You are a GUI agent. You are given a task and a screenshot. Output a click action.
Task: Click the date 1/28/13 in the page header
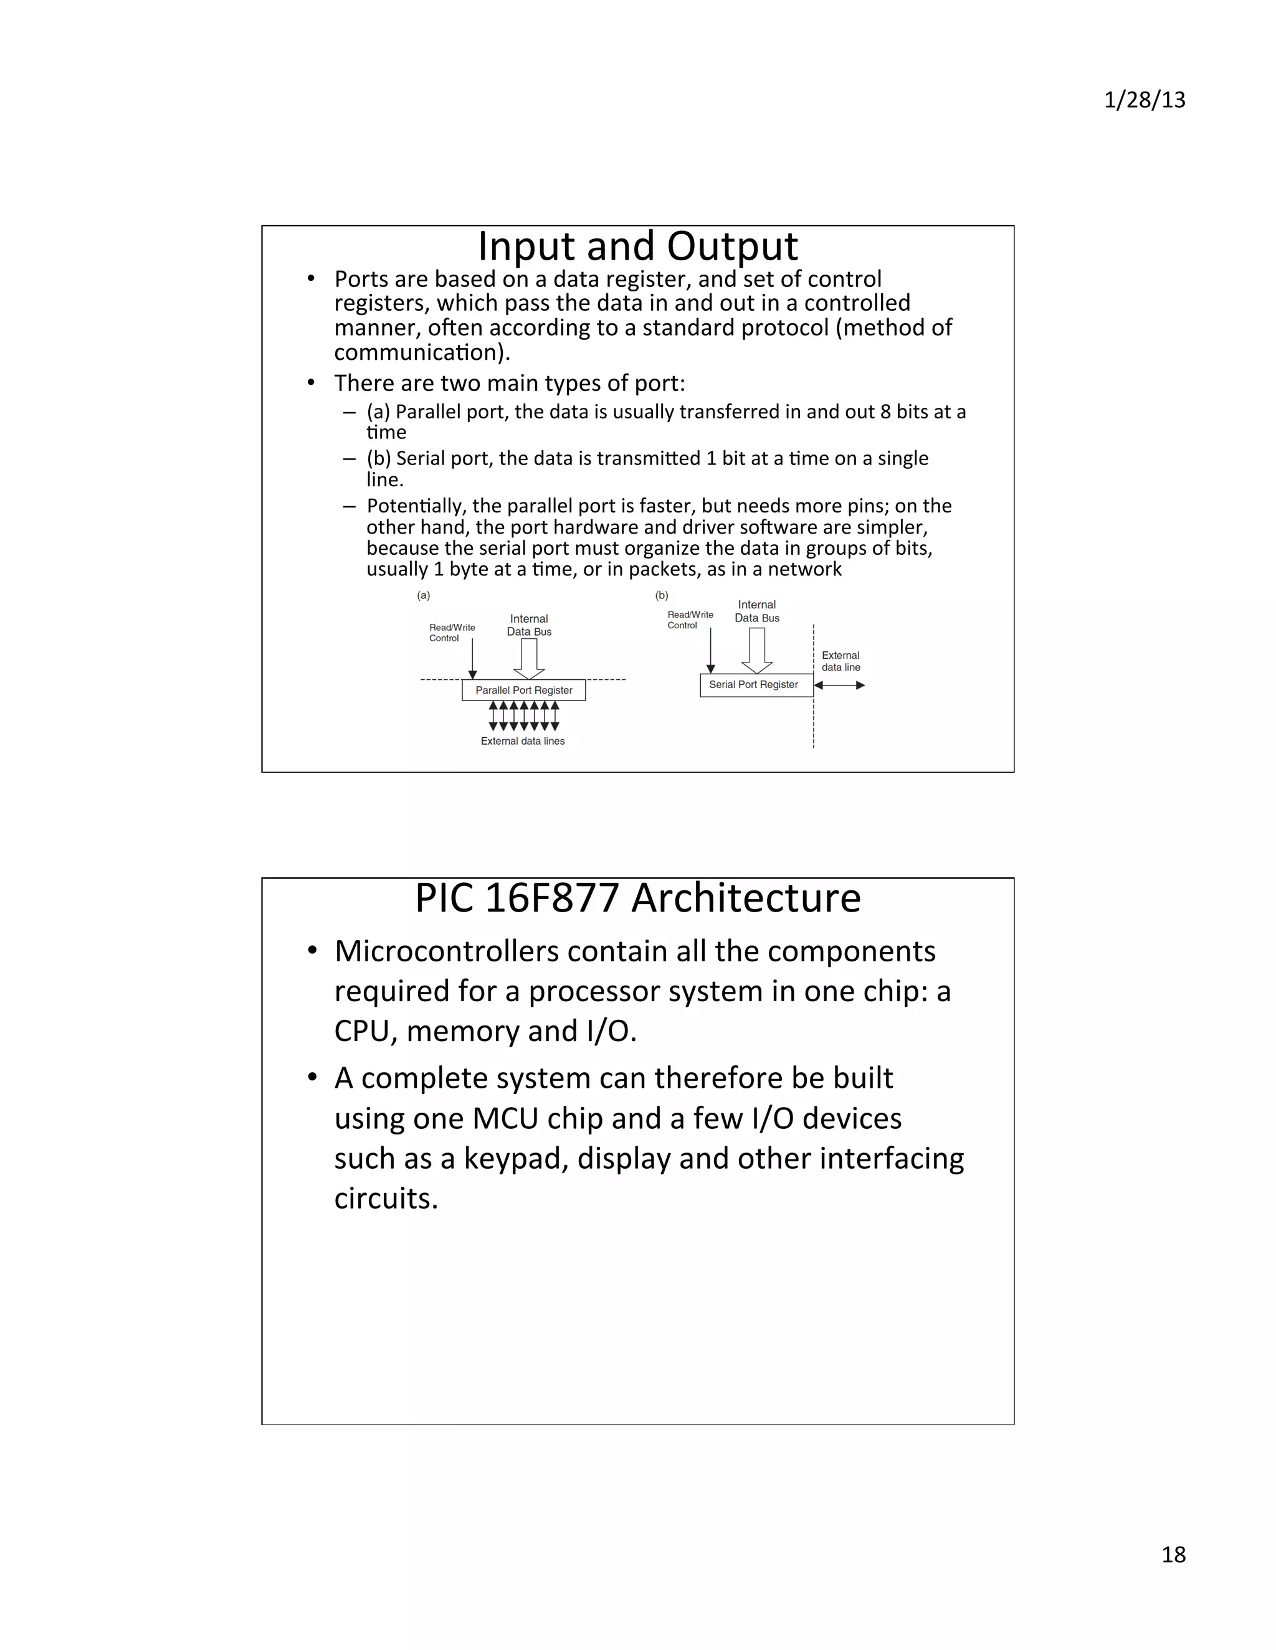pyautogui.click(x=1144, y=100)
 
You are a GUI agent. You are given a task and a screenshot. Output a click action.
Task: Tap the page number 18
pyautogui.click(x=1173, y=1554)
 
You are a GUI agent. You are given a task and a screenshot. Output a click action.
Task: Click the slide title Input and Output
pyautogui.click(x=637, y=247)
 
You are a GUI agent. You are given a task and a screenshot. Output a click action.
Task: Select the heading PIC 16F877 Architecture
pyautogui.click(x=637, y=898)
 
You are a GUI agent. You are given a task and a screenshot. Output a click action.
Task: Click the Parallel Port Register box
pyautogui.click(x=523, y=690)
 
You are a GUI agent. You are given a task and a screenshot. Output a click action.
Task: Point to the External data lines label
pyautogui.click(x=522, y=741)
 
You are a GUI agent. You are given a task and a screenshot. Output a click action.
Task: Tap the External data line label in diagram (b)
pyautogui.click(x=840, y=661)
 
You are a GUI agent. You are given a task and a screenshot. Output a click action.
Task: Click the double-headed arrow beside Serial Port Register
pyautogui.click(x=839, y=686)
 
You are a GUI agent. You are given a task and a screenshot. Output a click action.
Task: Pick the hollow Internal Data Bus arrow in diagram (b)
pyautogui.click(x=756, y=649)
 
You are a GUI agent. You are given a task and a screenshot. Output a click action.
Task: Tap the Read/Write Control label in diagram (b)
pyautogui.click(x=690, y=620)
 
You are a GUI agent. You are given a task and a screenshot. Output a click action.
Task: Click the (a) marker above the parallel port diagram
pyautogui.click(x=423, y=595)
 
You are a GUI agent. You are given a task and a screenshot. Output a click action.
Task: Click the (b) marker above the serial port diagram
pyautogui.click(x=662, y=595)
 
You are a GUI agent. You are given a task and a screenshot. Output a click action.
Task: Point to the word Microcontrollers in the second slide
pyautogui.click(x=446, y=951)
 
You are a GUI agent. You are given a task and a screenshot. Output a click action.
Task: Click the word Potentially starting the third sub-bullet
pyautogui.click(x=415, y=506)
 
